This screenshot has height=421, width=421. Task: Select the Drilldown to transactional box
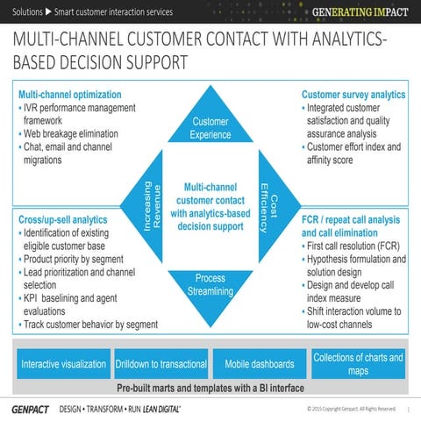tap(161, 364)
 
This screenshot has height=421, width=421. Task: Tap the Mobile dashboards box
tap(260, 364)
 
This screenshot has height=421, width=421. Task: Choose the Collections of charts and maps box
tap(358, 364)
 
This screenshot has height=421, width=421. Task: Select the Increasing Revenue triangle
tap(146, 206)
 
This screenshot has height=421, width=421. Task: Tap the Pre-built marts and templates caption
tap(210, 388)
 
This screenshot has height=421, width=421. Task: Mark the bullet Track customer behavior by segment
tap(90, 325)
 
